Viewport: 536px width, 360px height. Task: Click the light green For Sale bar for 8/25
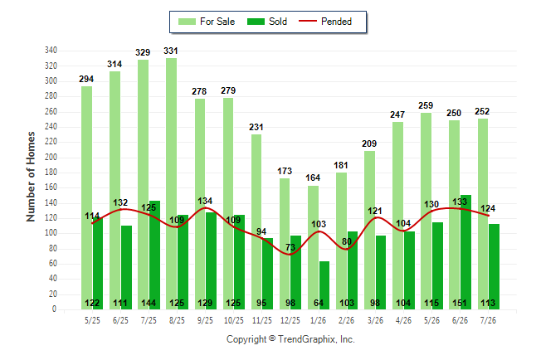tap(172, 183)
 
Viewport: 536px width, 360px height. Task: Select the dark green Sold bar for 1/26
tap(324, 285)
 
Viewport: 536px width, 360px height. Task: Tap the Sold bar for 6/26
tap(465, 252)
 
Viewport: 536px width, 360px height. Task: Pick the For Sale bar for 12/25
tap(285, 244)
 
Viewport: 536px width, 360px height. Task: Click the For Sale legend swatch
tap(187, 22)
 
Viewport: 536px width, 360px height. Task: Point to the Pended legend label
tap(336, 22)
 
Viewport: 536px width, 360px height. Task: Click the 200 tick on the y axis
tap(51, 157)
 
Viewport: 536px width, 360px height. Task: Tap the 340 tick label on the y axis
tap(51, 51)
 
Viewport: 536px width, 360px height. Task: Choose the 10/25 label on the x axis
tap(234, 320)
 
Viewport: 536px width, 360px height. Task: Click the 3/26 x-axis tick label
tap(375, 320)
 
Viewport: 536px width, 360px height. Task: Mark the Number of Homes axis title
tap(31, 177)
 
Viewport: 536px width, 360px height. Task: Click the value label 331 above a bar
tap(171, 51)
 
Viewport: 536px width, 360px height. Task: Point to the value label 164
tap(313, 178)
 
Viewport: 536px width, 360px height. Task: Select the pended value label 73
tap(290, 247)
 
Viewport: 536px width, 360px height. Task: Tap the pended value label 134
tap(205, 201)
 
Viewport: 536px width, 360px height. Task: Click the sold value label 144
tap(149, 303)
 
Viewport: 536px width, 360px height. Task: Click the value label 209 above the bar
tap(369, 144)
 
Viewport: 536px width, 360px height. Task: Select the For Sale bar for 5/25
tap(86, 198)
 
